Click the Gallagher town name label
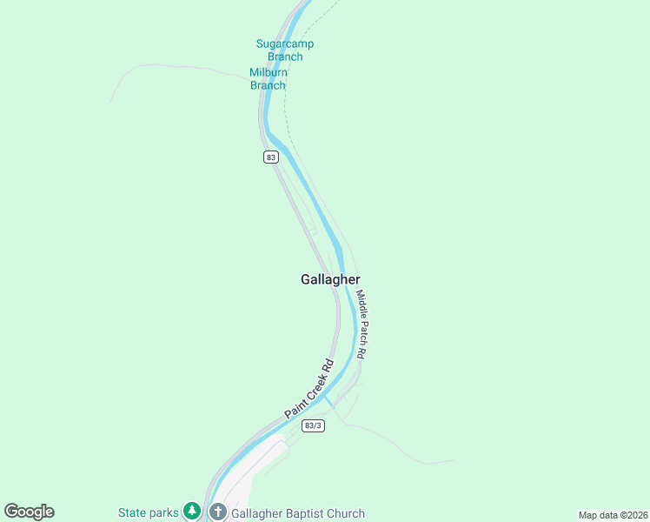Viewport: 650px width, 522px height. click(330, 279)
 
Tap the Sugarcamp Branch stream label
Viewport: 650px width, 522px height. click(285, 50)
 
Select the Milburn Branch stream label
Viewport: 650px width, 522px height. click(269, 78)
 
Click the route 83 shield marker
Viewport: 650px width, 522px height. click(272, 157)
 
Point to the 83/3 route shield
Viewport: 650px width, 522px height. click(314, 426)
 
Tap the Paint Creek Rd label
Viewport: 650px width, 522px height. click(309, 390)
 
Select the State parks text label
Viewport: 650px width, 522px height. click(148, 513)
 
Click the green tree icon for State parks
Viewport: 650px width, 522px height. click(192, 512)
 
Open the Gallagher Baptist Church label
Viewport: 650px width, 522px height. click(298, 513)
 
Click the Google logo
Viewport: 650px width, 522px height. click(29, 512)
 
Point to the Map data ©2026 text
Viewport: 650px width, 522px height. click(612, 515)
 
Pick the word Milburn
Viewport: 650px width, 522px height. click(269, 72)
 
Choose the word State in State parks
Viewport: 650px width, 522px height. click(133, 513)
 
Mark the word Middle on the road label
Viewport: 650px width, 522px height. click(361, 304)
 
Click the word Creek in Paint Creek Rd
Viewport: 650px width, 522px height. click(310, 389)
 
